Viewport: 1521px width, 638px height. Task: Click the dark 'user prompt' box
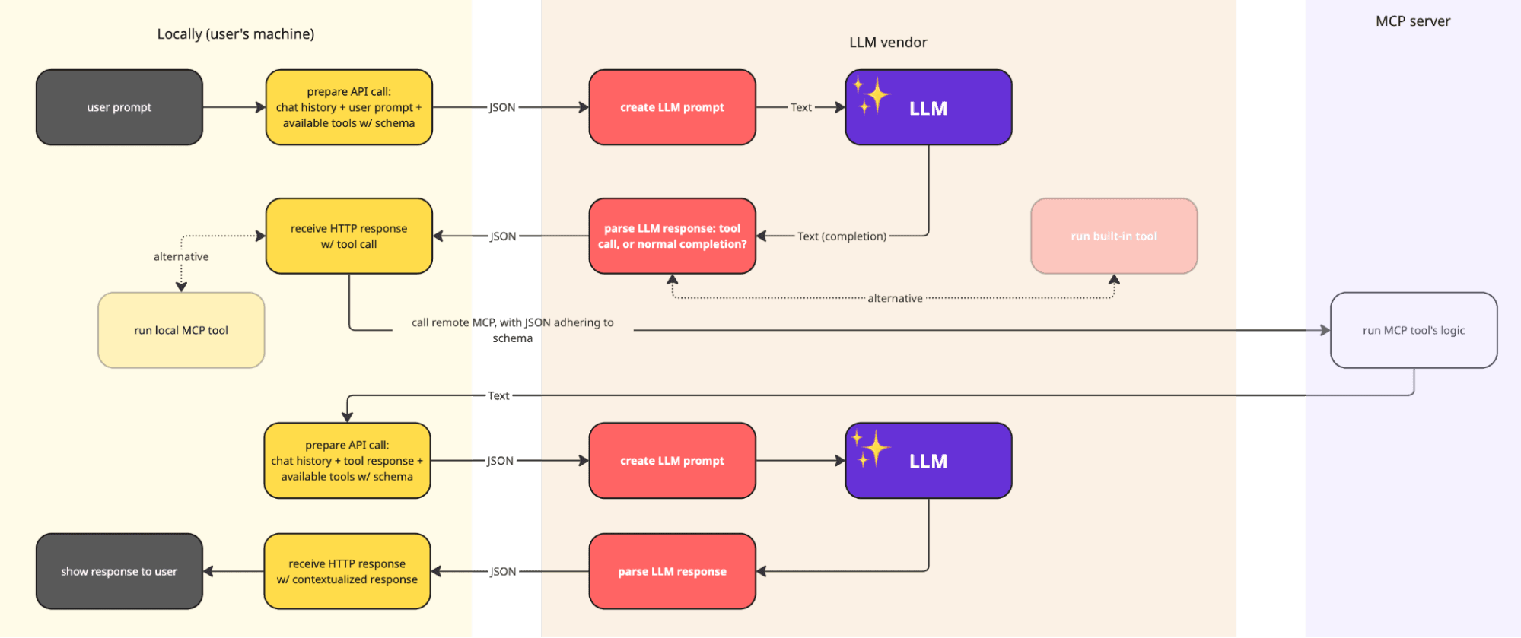[x=119, y=107]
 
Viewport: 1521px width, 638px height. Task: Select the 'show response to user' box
[x=119, y=571]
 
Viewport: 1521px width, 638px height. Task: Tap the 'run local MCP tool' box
[x=181, y=330]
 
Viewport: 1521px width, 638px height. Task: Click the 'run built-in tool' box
[x=1114, y=236]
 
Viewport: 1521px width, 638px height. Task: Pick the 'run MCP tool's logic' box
[x=1414, y=330]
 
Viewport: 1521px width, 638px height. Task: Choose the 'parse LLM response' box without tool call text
[x=672, y=571]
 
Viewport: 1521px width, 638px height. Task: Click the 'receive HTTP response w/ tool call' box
[x=348, y=236]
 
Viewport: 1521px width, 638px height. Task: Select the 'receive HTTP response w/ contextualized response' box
[x=347, y=571]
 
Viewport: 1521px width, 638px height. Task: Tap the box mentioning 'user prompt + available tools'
[x=348, y=107]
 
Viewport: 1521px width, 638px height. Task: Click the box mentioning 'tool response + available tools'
[x=347, y=461]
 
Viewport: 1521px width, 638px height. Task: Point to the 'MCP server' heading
[x=1413, y=21]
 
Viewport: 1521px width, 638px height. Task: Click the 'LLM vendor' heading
[x=888, y=43]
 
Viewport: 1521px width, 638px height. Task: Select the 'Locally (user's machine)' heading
[x=236, y=34]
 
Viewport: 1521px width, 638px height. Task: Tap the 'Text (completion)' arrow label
[x=842, y=236]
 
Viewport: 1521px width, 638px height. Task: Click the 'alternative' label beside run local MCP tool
[x=181, y=256]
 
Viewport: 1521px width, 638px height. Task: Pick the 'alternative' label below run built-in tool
[x=895, y=298]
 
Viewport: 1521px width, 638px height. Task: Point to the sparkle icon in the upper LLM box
[x=871, y=96]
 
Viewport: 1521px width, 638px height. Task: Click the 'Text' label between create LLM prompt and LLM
[x=800, y=107]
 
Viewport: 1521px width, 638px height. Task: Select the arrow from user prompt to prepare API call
[x=234, y=107]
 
